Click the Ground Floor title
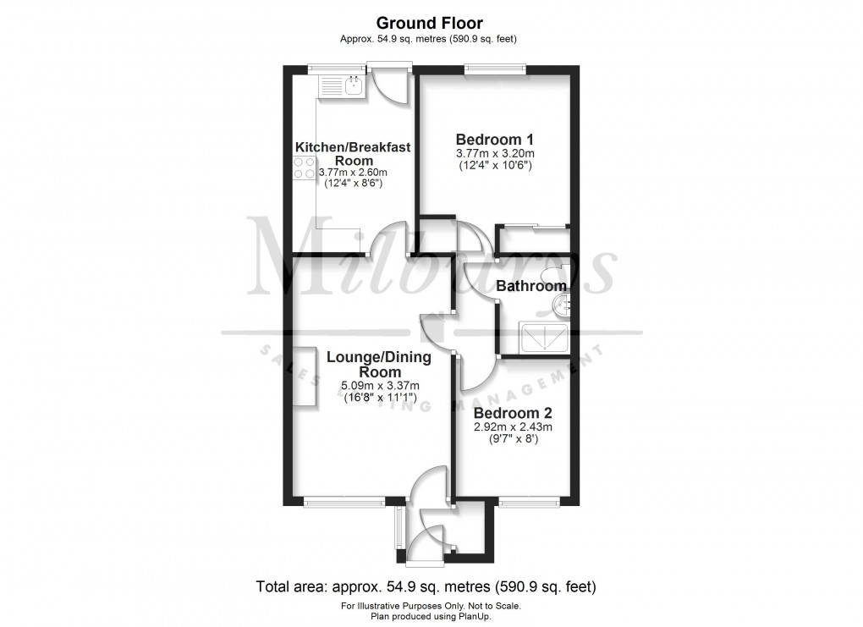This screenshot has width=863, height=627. [429, 23]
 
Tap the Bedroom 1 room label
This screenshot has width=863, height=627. [494, 140]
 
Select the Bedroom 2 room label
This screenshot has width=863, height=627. [513, 414]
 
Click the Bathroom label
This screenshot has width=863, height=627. [530, 286]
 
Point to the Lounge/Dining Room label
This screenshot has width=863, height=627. [379, 365]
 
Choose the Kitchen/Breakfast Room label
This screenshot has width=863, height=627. [353, 153]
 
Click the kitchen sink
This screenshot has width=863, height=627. [354, 84]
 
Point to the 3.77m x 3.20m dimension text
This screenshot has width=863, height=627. [495, 154]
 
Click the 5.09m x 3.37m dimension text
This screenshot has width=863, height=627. [379, 387]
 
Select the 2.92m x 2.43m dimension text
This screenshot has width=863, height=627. [513, 428]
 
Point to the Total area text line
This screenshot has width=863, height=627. [427, 586]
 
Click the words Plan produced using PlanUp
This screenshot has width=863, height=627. [431, 615]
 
